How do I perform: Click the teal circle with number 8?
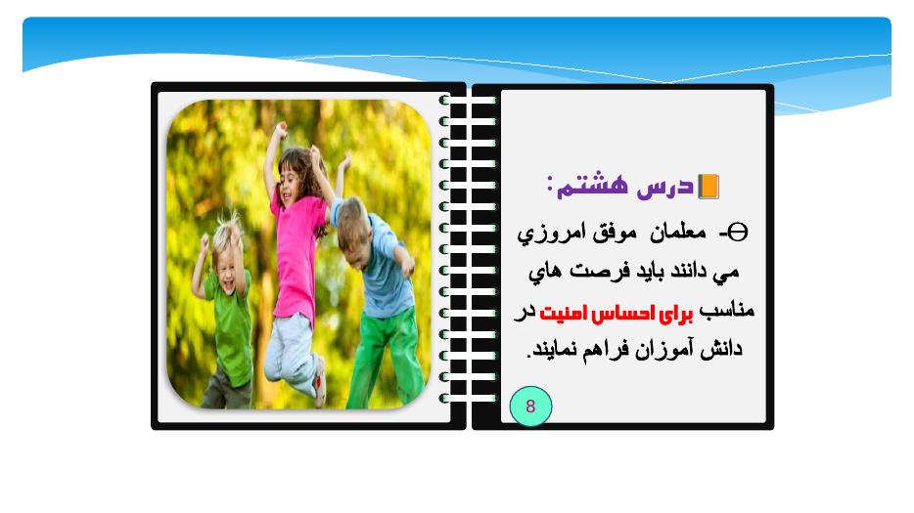(530, 406)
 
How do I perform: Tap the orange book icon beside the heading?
(708, 187)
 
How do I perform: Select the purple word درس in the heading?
(665, 187)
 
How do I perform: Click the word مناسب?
(727, 310)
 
